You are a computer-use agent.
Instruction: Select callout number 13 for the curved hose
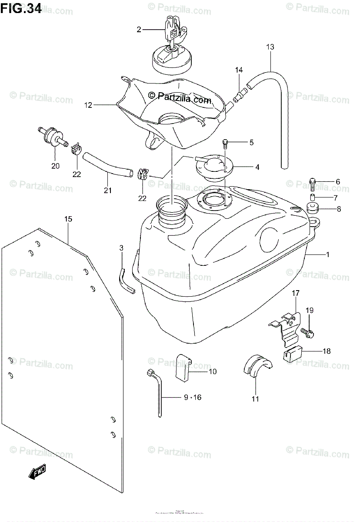(x=270, y=47)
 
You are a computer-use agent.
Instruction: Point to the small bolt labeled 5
(x=226, y=143)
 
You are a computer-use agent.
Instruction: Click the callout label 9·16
(x=189, y=397)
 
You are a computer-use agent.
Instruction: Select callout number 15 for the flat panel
(x=68, y=219)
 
